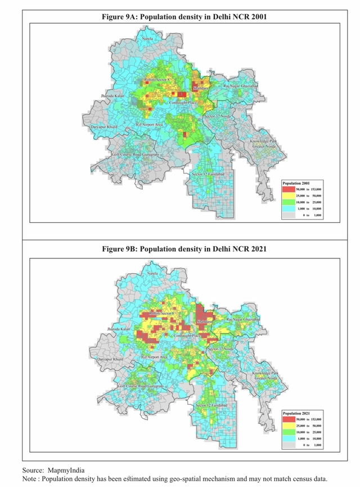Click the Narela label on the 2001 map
click(x=148, y=38)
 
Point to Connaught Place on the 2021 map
click(x=187, y=336)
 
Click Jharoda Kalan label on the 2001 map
click(x=112, y=96)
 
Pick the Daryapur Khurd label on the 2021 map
click(x=110, y=359)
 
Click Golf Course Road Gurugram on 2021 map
click(x=141, y=386)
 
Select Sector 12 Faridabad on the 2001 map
click(x=208, y=175)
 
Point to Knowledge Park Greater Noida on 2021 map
click(x=265, y=376)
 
